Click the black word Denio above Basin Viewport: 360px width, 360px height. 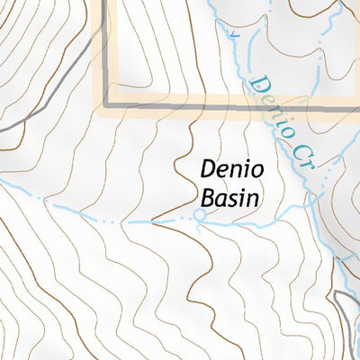(225, 169)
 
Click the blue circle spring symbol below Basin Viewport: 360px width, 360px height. (200, 216)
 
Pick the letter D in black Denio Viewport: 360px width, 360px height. (206, 169)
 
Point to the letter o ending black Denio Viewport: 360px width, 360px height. (246, 170)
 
